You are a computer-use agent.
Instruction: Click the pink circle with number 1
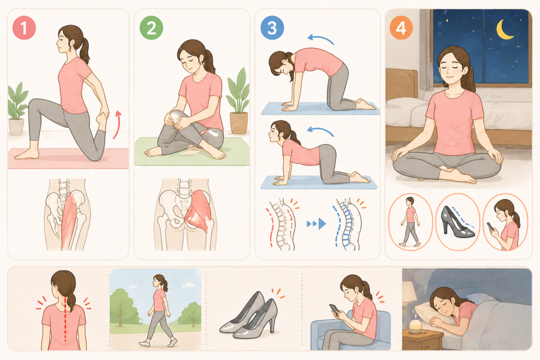click(x=24, y=28)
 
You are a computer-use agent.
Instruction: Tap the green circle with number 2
click(x=152, y=28)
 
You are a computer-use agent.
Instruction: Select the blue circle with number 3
click(x=272, y=28)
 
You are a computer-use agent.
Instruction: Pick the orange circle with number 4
click(x=401, y=28)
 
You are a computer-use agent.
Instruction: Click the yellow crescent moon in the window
click(x=505, y=29)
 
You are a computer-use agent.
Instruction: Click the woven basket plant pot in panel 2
click(x=239, y=123)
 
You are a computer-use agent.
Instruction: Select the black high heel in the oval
click(x=457, y=222)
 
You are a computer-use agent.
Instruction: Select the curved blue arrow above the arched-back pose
click(x=320, y=38)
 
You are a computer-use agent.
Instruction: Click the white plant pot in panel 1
click(x=16, y=127)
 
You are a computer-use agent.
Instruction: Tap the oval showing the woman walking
click(x=410, y=221)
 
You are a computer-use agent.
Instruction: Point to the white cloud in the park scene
click(x=187, y=284)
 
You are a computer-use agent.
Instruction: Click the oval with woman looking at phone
click(x=505, y=221)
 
